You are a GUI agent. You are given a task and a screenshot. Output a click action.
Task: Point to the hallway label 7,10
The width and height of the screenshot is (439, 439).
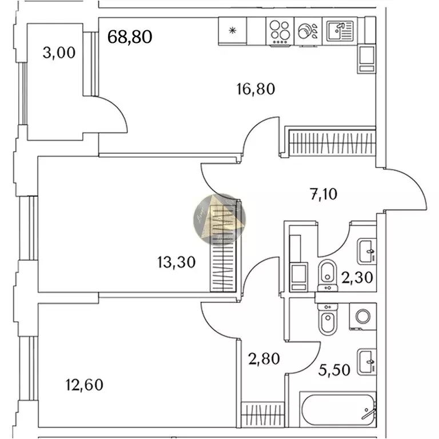click(324, 194)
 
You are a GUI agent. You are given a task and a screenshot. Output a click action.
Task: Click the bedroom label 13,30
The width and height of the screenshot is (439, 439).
click(176, 262)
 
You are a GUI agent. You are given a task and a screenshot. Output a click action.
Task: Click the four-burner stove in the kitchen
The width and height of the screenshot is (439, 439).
click(280, 32)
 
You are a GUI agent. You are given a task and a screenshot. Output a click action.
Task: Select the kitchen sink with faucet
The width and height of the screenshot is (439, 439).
click(341, 31)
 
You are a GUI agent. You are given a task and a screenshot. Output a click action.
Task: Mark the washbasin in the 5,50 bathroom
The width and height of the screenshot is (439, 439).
click(366, 361)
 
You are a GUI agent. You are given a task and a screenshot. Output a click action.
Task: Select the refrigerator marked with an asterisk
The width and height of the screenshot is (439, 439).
click(232, 31)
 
